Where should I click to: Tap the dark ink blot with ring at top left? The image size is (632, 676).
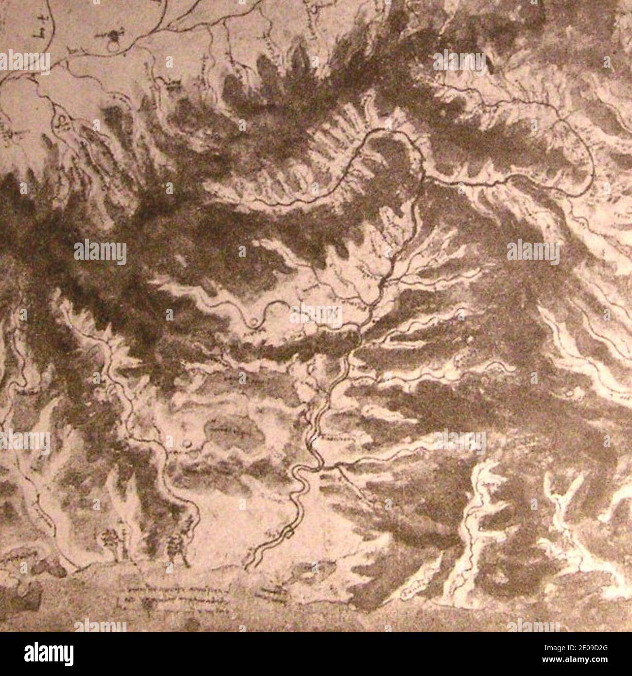coord(115,36)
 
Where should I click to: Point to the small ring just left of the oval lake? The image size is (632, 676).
coord(189,443)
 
